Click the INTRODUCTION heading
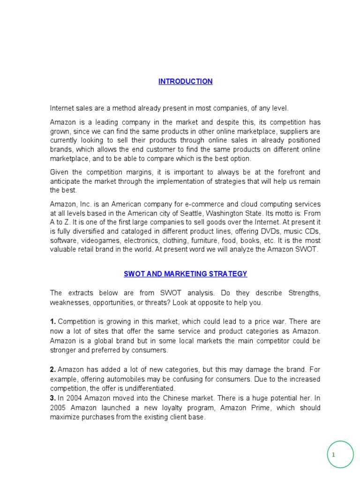[185, 82]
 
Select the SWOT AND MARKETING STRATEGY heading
[185, 274]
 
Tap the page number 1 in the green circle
[333, 455]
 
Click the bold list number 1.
[53, 322]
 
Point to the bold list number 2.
[53, 369]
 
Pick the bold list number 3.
[53, 398]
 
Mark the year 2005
[59, 408]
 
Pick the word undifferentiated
[145, 388]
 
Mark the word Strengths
[304, 293]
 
